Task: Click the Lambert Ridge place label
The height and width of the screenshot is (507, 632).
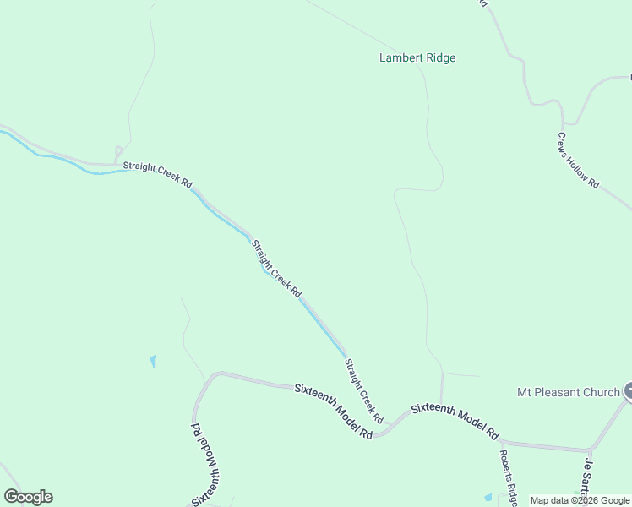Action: point(417,58)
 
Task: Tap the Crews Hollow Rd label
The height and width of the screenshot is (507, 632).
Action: point(578,160)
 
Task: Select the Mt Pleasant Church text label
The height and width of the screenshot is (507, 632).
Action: point(569,392)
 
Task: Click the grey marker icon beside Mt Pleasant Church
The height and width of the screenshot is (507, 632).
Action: point(629,390)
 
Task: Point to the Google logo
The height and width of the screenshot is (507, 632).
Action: point(28,497)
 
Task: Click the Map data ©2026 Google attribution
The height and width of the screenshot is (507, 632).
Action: point(580,500)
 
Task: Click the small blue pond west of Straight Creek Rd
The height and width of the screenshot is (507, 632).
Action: point(153,362)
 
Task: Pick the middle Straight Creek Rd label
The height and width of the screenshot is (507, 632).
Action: point(275,268)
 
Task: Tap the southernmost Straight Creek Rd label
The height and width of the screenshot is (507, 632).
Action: point(364,391)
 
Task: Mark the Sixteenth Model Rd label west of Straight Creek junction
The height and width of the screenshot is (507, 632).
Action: point(334,411)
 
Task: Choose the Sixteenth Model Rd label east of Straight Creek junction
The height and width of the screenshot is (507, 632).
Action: point(454,421)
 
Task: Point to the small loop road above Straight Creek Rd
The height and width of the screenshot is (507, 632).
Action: point(118,153)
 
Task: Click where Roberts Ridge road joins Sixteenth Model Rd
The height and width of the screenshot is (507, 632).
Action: point(501,440)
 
